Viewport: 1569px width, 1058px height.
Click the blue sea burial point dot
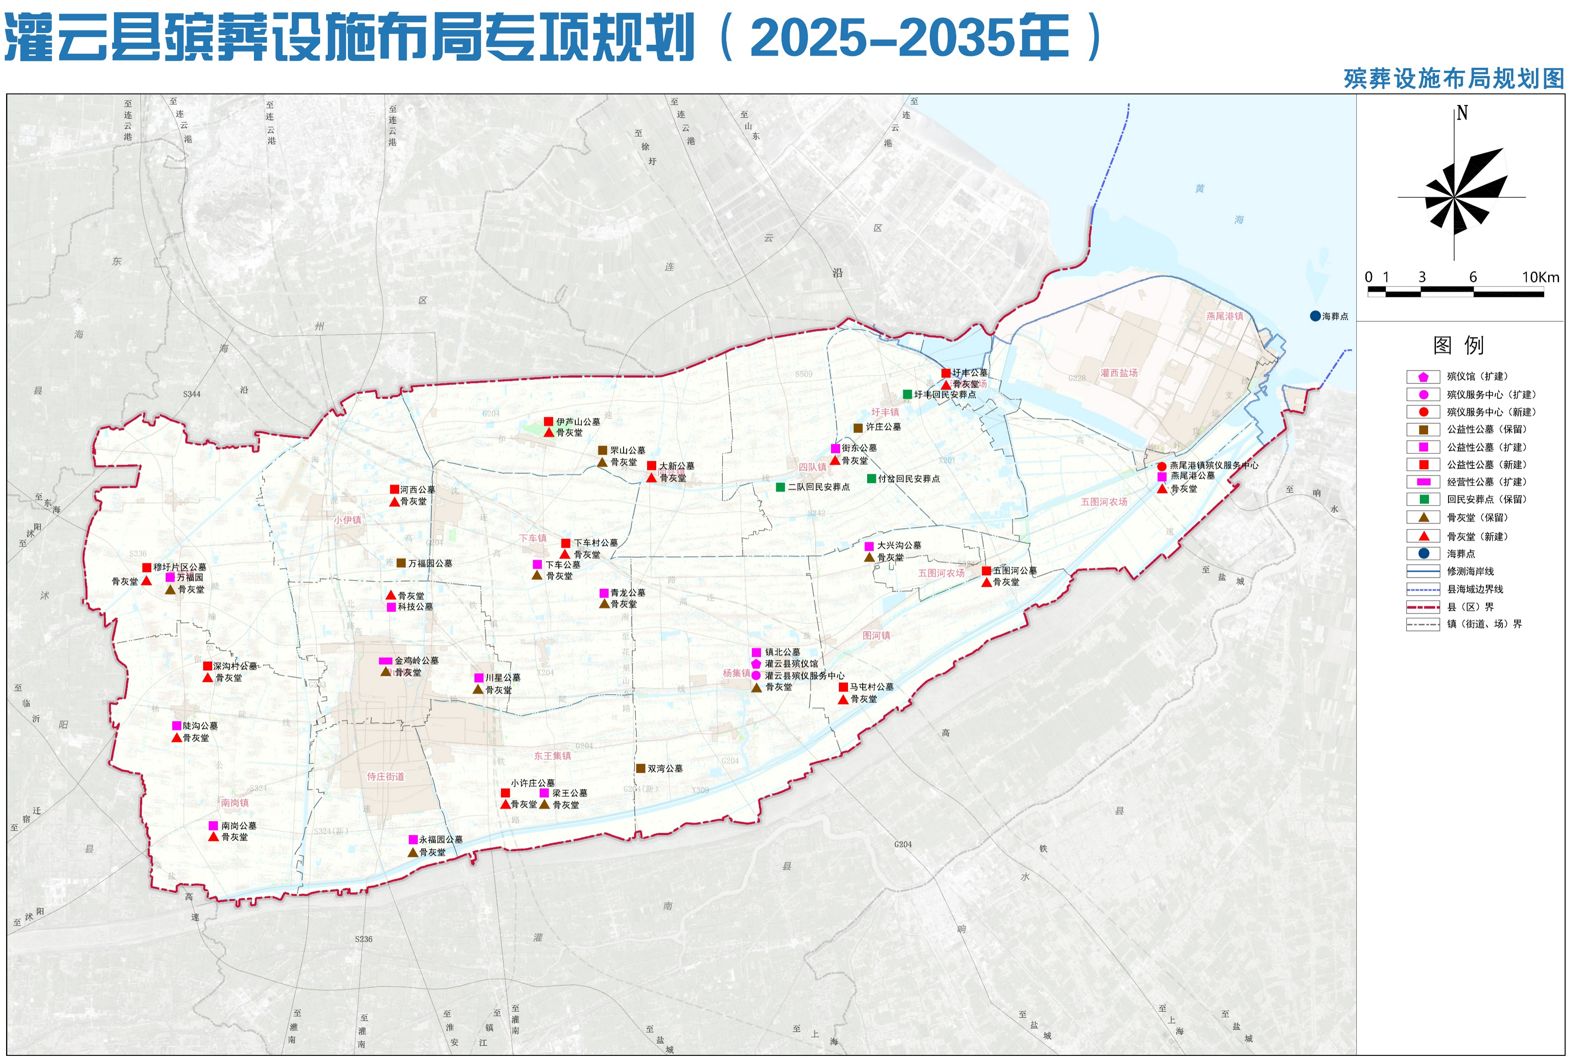tap(1315, 316)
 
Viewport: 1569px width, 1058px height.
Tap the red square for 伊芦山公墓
tap(549, 422)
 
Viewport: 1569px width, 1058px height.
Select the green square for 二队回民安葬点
tap(780, 486)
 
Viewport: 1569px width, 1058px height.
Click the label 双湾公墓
tap(665, 769)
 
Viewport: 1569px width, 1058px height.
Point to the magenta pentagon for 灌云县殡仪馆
tap(756, 664)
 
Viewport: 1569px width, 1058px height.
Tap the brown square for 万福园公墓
tap(401, 563)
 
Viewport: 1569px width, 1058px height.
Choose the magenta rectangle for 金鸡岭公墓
tap(385, 661)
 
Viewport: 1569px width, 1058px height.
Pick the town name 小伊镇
tap(347, 520)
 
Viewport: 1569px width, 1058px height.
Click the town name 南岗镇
tap(235, 803)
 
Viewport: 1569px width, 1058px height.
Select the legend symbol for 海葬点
tap(1423, 553)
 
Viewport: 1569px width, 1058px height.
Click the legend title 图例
tap(1459, 346)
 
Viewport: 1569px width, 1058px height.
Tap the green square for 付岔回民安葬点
tap(871, 479)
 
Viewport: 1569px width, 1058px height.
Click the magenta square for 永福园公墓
tap(413, 839)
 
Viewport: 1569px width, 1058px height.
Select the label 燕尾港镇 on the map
tap(1224, 316)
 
